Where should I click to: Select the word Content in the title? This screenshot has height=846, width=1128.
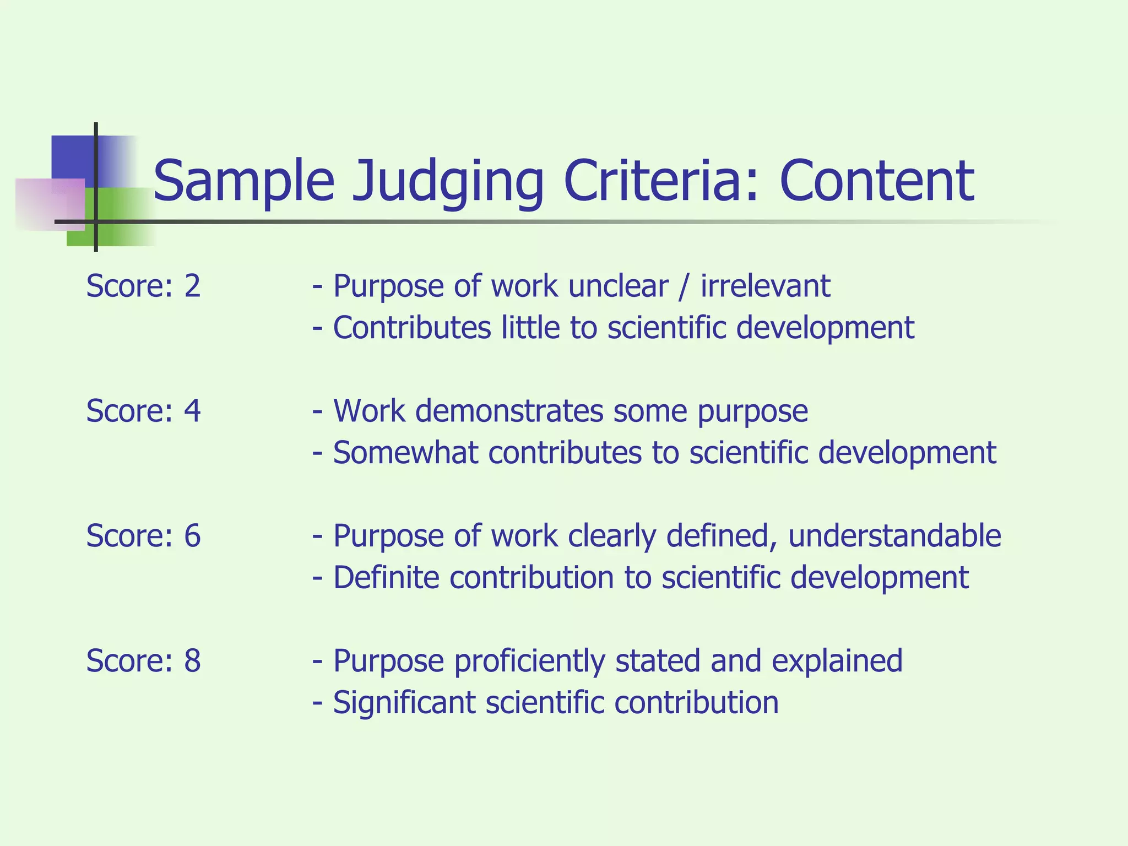click(877, 181)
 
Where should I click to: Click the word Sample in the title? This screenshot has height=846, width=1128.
click(243, 182)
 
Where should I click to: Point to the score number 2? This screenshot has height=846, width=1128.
click(192, 286)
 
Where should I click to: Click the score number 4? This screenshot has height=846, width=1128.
click(192, 411)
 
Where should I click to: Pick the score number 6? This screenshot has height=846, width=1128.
click(192, 536)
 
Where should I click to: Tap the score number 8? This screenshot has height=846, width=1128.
click(192, 661)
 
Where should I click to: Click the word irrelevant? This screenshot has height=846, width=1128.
click(765, 286)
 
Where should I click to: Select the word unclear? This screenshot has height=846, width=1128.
click(618, 286)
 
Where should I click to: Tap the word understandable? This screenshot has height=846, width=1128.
click(894, 536)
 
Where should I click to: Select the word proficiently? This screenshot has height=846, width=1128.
click(529, 661)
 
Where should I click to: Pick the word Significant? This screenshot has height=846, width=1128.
click(404, 703)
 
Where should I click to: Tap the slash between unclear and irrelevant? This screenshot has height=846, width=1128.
click(684, 286)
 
